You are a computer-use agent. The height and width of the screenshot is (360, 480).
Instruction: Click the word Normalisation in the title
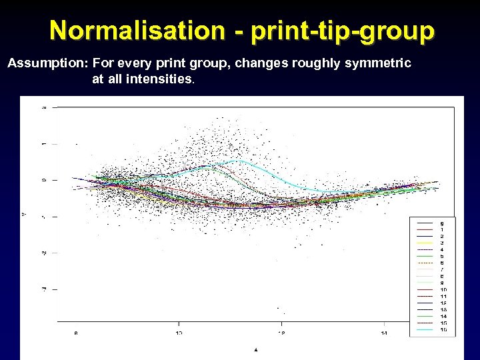coord(137,30)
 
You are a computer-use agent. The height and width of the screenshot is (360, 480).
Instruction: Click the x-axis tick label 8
coord(76,332)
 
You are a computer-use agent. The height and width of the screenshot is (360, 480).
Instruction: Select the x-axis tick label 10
coord(179,332)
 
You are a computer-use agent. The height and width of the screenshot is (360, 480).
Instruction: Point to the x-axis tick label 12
coord(281,332)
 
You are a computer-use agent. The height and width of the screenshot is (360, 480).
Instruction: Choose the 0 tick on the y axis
coord(43,179)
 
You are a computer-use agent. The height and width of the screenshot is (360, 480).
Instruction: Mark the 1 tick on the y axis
coord(43,143)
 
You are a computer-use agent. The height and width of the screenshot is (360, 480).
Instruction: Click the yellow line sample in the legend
coord(425,243)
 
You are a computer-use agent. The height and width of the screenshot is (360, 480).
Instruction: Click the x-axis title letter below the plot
coord(256,349)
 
